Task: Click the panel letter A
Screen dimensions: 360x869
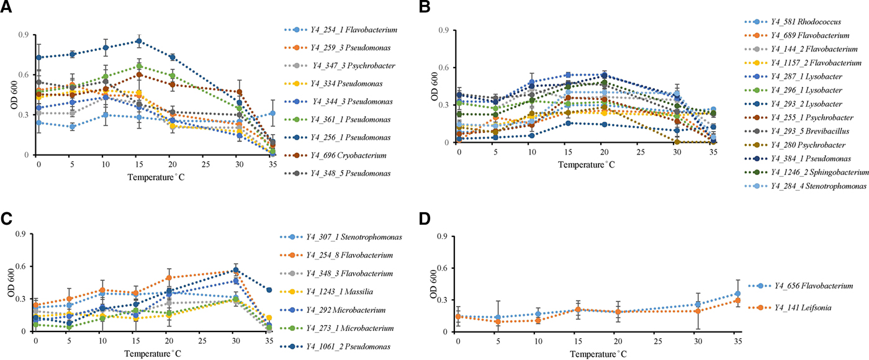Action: pyautogui.click(x=7, y=8)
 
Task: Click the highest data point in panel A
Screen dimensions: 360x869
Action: pyautogui.click(x=138, y=41)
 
